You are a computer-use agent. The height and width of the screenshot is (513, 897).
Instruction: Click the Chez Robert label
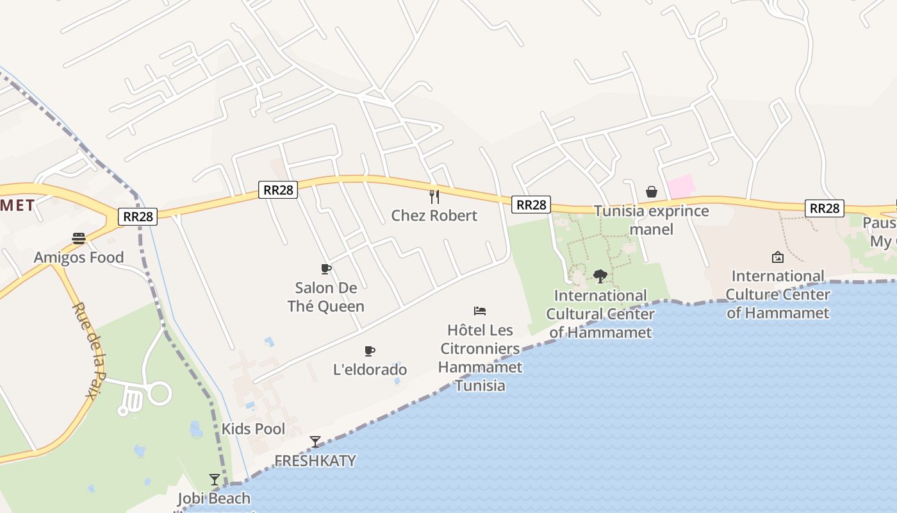(x=434, y=215)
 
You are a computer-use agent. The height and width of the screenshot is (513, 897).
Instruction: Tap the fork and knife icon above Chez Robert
(x=434, y=196)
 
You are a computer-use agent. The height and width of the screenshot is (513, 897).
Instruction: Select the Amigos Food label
(x=79, y=258)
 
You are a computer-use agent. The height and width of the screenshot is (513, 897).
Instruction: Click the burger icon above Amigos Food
(x=79, y=239)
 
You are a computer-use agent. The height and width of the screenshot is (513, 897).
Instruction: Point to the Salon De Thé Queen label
(x=325, y=297)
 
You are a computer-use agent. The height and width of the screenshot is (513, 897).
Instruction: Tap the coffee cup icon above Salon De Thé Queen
(x=325, y=269)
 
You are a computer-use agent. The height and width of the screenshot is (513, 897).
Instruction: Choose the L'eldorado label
(x=370, y=370)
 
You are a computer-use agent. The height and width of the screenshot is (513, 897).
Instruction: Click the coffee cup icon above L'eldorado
(x=369, y=351)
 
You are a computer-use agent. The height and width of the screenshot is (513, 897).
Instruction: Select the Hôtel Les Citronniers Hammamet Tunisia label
(x=480, y=358)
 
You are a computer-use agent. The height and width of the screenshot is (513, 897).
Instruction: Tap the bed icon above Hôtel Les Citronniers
(x=480, y=311)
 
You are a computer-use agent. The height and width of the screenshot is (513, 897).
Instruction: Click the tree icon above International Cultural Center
(x=600, y=276)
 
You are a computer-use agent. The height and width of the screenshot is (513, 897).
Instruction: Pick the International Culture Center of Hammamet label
(x=778, y=294)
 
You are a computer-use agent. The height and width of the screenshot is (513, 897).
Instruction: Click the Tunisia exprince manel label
(x=651, y=220)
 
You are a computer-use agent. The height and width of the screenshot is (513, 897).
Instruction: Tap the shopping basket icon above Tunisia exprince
(x=652, y=192)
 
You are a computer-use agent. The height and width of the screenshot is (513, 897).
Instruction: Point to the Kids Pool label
(x=253, y=429)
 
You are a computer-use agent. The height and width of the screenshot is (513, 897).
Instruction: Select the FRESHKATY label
(x=315, y=461)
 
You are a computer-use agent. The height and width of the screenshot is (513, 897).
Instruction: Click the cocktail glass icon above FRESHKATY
(x=315, y=442)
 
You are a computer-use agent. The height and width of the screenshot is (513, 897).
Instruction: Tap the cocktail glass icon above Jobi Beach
(x=215, y=480)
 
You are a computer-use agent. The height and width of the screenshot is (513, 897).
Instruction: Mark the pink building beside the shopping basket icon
(x=681, y=187)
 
